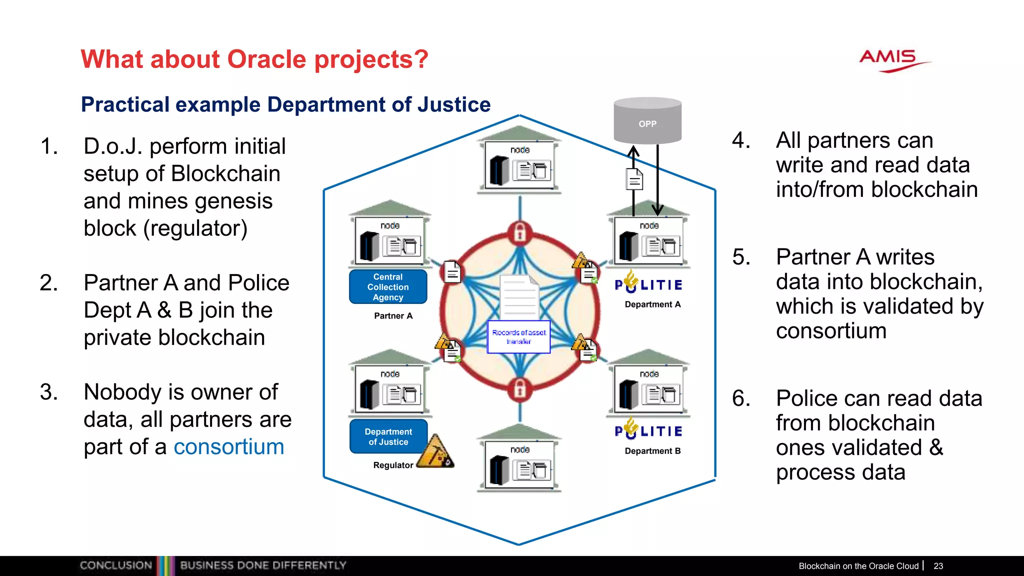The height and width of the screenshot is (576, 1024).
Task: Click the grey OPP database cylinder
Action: coord(647,121)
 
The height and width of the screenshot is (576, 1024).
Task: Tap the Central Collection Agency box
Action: coord(388,287)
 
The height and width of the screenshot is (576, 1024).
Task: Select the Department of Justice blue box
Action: coord(388,436)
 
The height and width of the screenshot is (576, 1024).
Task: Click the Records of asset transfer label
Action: coord(519,336)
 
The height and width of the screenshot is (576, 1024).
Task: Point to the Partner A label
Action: coord(393,316)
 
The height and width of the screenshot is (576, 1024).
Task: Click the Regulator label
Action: coord(393,465)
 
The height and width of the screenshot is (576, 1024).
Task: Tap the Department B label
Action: coord(652,451)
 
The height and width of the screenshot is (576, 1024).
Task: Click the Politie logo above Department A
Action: coord(648,283)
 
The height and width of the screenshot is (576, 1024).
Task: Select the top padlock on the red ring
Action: coord(520,232)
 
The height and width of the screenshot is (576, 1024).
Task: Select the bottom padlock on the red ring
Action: coord(520,389)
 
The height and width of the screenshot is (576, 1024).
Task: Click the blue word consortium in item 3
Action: coord(228,446)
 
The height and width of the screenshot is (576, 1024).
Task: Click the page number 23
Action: coord(938,566)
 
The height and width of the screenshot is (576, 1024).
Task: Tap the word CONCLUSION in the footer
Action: coord(115,565)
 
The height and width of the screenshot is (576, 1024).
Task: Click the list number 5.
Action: coord(741,257)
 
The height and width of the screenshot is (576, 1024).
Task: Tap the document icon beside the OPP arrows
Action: coord(634,179)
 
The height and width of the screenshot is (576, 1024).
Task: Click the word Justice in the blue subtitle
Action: coord(454,104)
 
